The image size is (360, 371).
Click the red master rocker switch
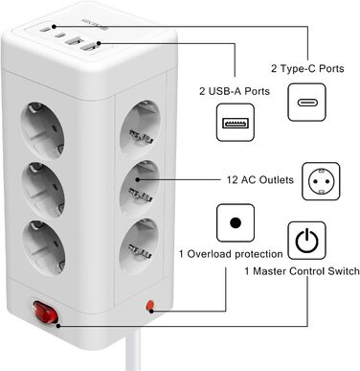(x=42, y=313)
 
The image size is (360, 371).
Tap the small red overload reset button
(x=148, y=305)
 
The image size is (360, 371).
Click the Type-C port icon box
(x=311, y=104)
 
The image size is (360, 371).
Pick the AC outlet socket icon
(x=322, y=180)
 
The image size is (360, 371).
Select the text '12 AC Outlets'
(x=246, y=180)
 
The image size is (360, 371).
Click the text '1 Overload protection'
(x=231, y=254)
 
